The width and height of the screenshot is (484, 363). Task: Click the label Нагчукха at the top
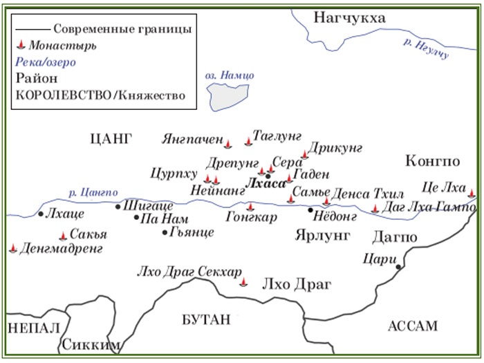click(x=349, y=17)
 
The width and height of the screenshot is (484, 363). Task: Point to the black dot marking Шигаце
click(x=118, y=206)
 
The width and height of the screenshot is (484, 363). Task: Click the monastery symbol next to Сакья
click(x=64, y=235)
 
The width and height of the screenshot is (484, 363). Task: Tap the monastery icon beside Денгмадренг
click(x=14, y=248)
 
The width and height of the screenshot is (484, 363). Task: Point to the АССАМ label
click(x=413, y=326)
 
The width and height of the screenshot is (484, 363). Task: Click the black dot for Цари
click(x=398, y=266)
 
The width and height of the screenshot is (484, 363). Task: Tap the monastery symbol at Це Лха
click(x=472, y=193)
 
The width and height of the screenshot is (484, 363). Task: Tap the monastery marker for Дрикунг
click(x=304, y=155)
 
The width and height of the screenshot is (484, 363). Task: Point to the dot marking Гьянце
click(x=164, y=232)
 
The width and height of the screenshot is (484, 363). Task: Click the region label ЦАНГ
click(x=111, y=138)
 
